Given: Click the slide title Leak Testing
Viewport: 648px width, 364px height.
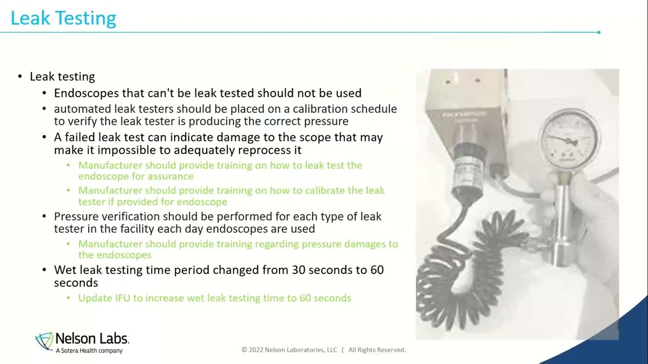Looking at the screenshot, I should pos(63,18).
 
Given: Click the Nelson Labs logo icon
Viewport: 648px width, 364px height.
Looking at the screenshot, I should pos(44,341).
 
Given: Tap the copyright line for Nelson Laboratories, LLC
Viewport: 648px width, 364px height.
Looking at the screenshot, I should pos(289,350).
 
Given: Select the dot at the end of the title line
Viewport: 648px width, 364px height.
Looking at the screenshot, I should pos(599,32).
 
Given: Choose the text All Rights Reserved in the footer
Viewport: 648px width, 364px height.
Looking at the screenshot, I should pos(377,350).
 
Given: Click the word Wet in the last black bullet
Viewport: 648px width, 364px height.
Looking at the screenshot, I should pos(65,270).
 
